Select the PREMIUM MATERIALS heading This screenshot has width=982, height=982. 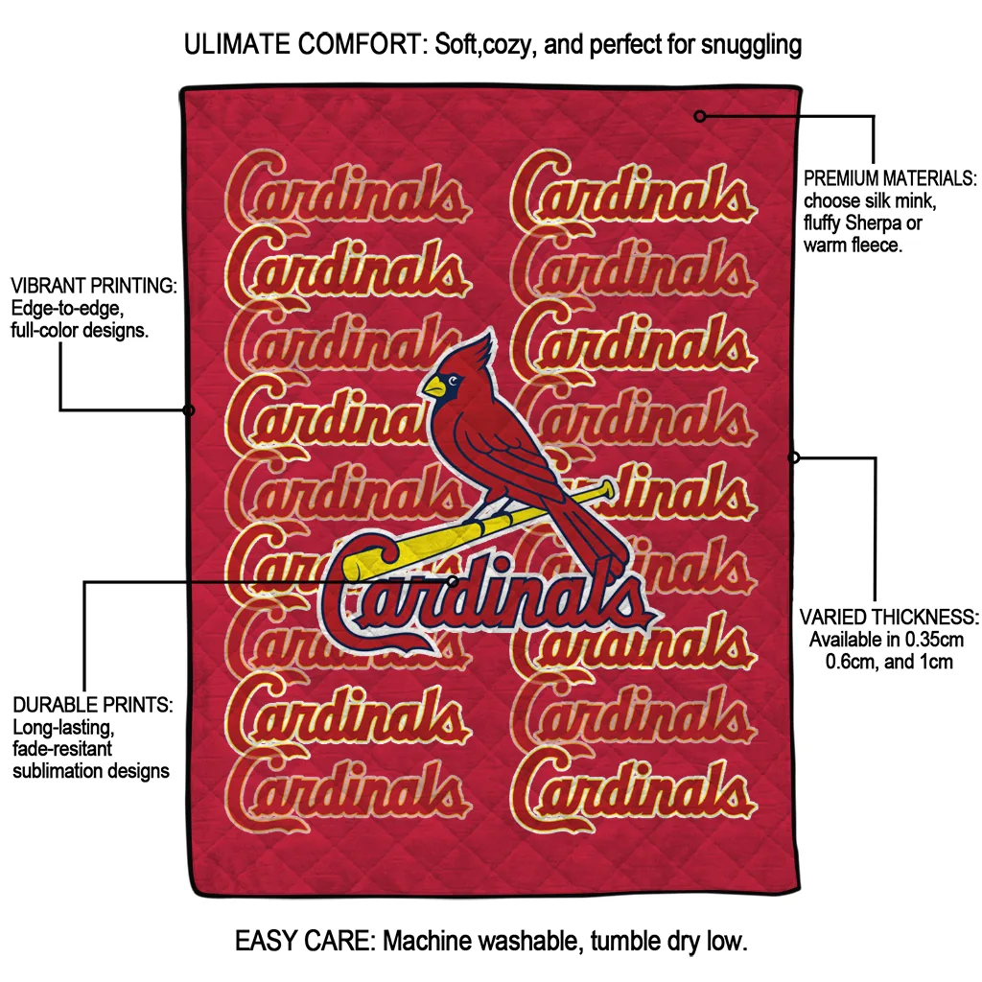[889, 179]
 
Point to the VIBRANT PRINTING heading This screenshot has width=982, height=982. [94, 286]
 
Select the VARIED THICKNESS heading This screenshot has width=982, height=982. [889, 617]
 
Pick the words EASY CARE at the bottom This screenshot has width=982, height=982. [302, 941]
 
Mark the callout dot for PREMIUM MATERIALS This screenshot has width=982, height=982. [700, 116]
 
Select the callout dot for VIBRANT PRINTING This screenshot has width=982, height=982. [189, 410]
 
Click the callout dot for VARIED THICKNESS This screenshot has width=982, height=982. [794, 457]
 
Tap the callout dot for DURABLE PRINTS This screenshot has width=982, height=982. [453, 580]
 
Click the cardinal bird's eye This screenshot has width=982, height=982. [454, 381]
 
